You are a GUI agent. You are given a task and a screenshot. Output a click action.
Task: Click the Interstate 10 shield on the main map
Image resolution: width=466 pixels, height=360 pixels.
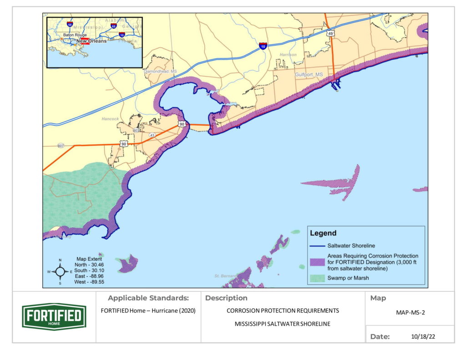point(263,46)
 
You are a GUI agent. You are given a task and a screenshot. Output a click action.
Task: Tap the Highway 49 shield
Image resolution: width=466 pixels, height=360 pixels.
point(331,33)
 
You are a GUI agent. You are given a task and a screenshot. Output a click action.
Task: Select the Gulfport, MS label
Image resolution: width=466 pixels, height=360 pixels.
point(309,74)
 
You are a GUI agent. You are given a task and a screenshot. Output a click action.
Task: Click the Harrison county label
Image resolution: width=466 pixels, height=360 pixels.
point(288,55)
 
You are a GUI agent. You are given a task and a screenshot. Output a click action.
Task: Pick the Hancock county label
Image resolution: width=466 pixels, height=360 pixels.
point(110,119)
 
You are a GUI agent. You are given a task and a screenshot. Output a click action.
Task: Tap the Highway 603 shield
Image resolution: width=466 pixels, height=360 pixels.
point(136,131)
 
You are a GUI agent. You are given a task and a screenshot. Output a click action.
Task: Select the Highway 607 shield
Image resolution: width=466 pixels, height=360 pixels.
point(61,146)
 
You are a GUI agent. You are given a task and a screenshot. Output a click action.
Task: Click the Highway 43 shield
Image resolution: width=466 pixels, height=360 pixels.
point(152,135)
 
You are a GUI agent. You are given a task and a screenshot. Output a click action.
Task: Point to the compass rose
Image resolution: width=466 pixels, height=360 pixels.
point(60,272)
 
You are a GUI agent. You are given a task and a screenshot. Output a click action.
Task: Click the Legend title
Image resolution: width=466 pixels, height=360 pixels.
point(323,233)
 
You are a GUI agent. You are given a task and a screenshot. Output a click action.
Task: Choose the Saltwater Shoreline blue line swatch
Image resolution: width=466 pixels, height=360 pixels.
point(317,246)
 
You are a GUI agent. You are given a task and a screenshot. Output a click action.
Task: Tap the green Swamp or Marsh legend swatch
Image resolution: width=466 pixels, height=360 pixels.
point(317,278)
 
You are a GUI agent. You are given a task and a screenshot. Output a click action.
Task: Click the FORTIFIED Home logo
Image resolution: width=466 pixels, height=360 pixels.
point(54,317)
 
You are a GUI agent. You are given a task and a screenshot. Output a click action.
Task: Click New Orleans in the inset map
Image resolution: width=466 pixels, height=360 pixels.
point(91,41)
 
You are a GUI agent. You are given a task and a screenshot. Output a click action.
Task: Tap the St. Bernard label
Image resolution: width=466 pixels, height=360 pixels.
point(226,276)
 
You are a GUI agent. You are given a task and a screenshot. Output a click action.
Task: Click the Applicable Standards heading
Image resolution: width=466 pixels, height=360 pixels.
point(148,298)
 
